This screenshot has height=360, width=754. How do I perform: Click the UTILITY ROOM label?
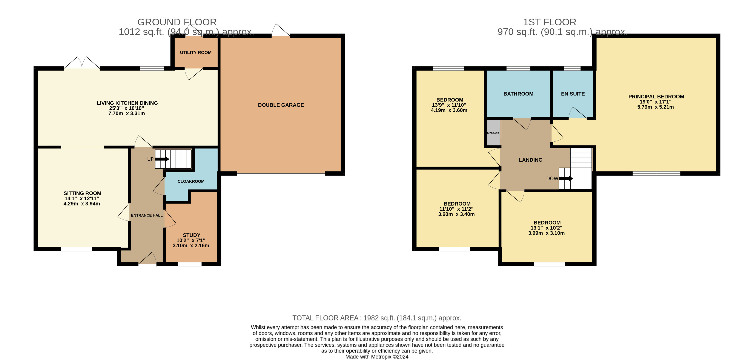[x=195, y=53]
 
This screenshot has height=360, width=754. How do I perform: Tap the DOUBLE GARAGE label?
[x=281, y=105]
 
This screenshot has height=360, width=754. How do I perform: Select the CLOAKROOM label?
[x=191, y=181]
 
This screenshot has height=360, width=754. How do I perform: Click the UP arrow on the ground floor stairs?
[x=162, y=159]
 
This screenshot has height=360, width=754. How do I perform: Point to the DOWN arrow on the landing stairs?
[x=566, y=178]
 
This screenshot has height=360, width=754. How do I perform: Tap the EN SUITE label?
[x=573, y=94]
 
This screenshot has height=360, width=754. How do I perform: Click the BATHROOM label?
[x=518, y=94]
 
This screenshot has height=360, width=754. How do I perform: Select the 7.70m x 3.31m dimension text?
[x=126, y=113]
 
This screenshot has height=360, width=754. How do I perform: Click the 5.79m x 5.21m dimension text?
[x=655, y=107]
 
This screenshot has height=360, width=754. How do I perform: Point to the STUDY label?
[x=191, y=235]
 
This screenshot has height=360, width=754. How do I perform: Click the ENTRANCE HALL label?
[x=147, y=215]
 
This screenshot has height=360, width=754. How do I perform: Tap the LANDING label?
[x=530, y=160]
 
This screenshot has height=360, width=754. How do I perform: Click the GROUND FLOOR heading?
[x=177, y=22]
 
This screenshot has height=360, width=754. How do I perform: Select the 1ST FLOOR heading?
[x=549, y=22]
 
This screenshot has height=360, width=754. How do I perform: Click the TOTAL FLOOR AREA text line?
[x=377, y=318]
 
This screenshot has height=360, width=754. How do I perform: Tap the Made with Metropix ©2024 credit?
[x=377, y=357]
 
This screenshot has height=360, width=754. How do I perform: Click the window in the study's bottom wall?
[x=189, y=264]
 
